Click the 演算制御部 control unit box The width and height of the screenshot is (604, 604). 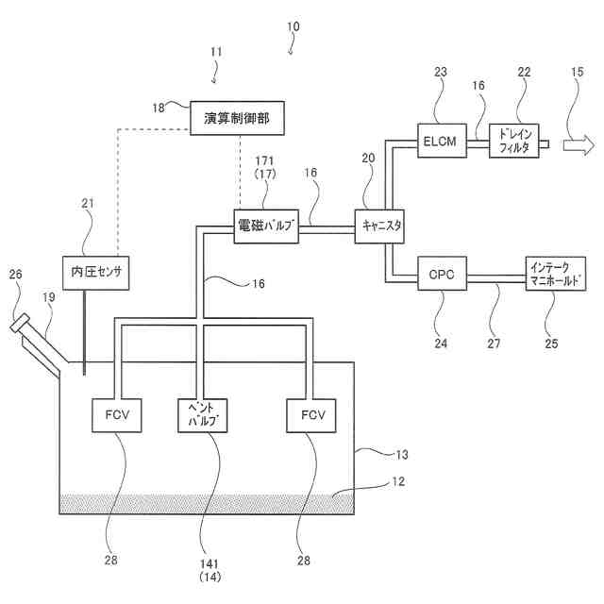[237, 118]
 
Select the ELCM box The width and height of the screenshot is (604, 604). [443, 141]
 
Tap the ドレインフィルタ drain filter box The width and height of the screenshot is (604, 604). [513, 141]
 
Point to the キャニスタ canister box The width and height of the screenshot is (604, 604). [379, 226]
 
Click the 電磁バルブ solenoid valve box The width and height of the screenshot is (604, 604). [266, 226]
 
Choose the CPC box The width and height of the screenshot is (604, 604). [443, 274]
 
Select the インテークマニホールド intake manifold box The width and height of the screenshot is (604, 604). [556, 274]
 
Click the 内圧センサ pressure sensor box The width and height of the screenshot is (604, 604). [96, 273]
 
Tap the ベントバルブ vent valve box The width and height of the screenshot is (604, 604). [202, 415]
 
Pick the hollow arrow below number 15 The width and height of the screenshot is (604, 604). [579, 144]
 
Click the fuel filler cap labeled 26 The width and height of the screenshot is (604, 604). [20, 323]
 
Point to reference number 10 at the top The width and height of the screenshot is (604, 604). [294, 26]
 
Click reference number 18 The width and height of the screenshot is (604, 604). [159, 108]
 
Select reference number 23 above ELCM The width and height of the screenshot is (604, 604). [441, 72]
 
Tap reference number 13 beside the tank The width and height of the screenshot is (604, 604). [402, 455]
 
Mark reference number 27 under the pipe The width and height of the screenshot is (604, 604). [494, 344]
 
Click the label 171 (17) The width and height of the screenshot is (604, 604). [264, 168]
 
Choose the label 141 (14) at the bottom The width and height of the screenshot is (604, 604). [210, 570]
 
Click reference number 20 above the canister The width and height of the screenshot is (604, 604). [368, 158]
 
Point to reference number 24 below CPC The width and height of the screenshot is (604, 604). [441, 344]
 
